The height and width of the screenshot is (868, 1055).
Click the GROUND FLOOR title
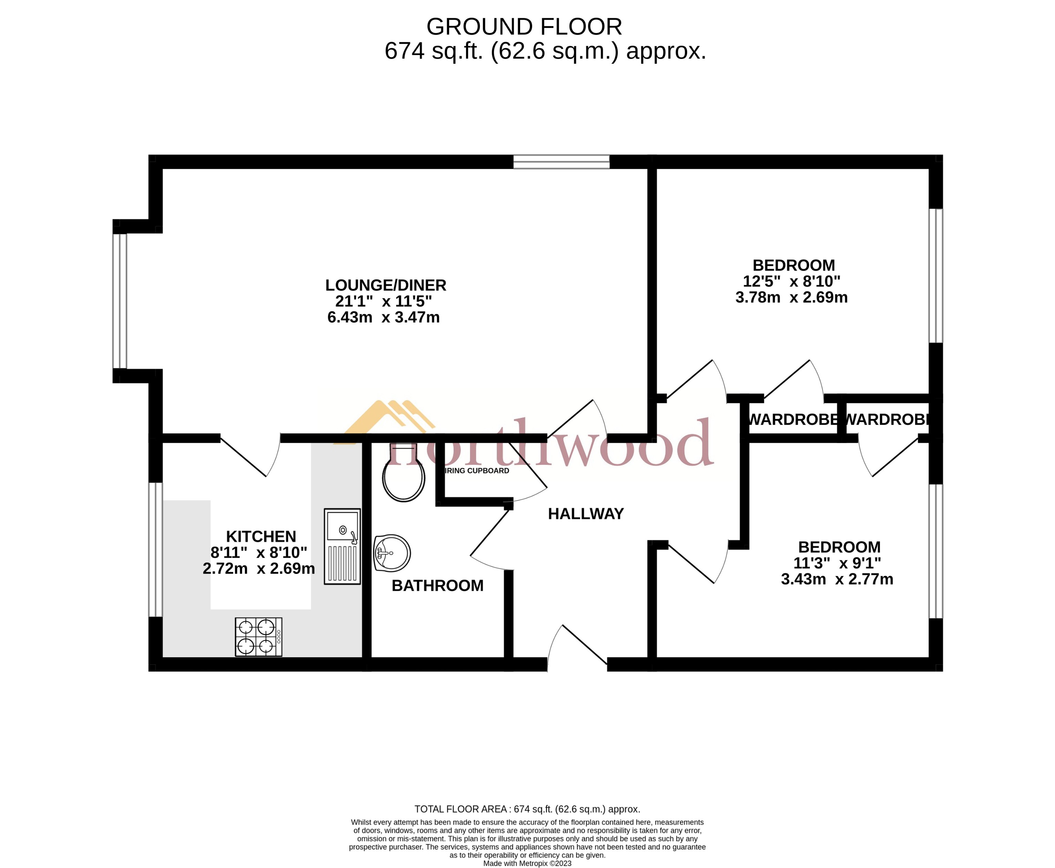(x=524, y=27)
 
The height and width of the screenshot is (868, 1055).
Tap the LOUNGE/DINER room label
(x=385, y=286)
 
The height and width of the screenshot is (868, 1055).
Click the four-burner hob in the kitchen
(x=259, y=637)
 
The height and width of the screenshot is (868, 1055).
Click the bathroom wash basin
(x=392, y=553)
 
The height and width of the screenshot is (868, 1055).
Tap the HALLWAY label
(x=586, y=514)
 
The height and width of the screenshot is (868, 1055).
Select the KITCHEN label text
(x=261, y=537)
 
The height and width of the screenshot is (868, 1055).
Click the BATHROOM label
(x=437, y=586)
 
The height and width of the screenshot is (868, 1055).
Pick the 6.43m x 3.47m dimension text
(x=383, y=318)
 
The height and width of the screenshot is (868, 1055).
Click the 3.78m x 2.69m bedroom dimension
(x=792, y=298)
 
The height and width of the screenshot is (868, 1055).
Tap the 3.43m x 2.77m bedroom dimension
(x=837, y=579)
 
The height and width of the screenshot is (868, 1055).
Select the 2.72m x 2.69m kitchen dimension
(x=259, y=568)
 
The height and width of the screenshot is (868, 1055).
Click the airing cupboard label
(x=476, y=471)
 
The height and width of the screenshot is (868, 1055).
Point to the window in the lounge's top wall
(x=561, y=162)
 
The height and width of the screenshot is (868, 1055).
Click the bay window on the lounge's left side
(x=120, y=301)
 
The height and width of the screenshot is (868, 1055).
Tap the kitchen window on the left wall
(x=155, y=549)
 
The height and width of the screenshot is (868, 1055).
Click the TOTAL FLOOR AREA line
(x=527, y=809)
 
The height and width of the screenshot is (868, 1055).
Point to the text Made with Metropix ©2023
(x=527, y=864)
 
